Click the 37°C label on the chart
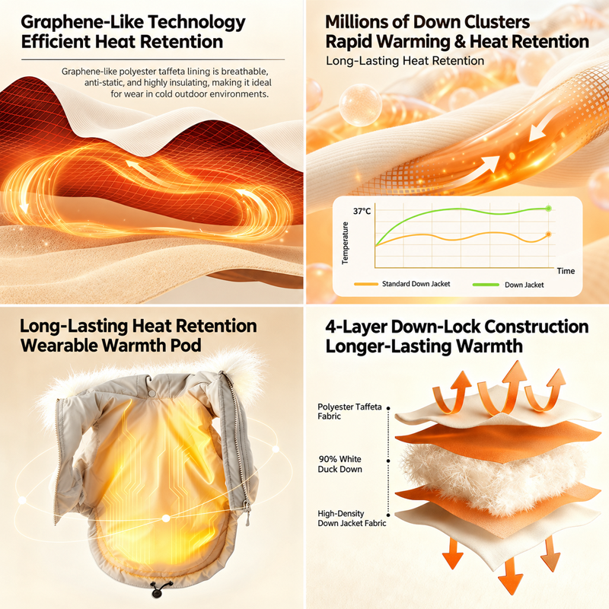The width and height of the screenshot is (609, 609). click(362, 212)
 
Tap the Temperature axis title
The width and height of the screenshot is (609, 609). click(345, 243)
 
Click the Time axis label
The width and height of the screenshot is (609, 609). click(566, 271)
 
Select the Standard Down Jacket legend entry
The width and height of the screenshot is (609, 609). click(402, 284)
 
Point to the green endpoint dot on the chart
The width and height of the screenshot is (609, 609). click(548, 209)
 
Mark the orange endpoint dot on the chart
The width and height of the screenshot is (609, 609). click(548, 234)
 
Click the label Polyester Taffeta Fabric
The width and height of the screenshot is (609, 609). click(349, 412)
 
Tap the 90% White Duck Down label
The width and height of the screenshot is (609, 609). click(340, 464)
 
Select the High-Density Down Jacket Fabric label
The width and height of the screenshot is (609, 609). click(352, 518)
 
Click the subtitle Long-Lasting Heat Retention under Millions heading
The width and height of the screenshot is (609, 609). click(405, 61)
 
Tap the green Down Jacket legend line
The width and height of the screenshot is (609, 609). click(486, 285)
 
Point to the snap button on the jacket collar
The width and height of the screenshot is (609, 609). click(151, 394)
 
